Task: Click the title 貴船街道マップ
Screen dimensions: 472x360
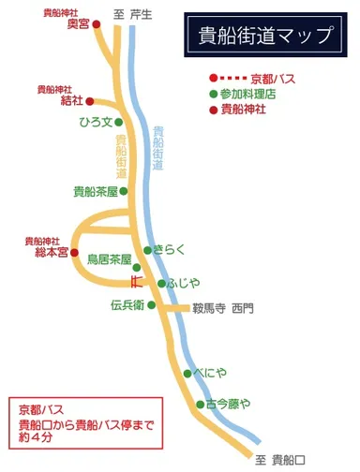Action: [x=266, y=37]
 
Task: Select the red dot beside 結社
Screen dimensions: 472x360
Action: [x=90, y=100]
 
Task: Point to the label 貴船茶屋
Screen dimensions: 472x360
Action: [x=94, y=191]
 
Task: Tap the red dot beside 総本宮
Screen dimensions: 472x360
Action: [x=75, y=252]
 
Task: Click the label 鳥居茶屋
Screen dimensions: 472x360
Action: [x=108, y=259]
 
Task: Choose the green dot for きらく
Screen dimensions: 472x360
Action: [x=148, y=250]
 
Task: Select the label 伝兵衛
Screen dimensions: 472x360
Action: [x=126, y=305]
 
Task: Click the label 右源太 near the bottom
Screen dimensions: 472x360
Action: [x=228, y=404]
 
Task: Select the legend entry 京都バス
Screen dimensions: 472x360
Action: [x=274, y=78]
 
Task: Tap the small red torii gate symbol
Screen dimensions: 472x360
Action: [x=136, y=279]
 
